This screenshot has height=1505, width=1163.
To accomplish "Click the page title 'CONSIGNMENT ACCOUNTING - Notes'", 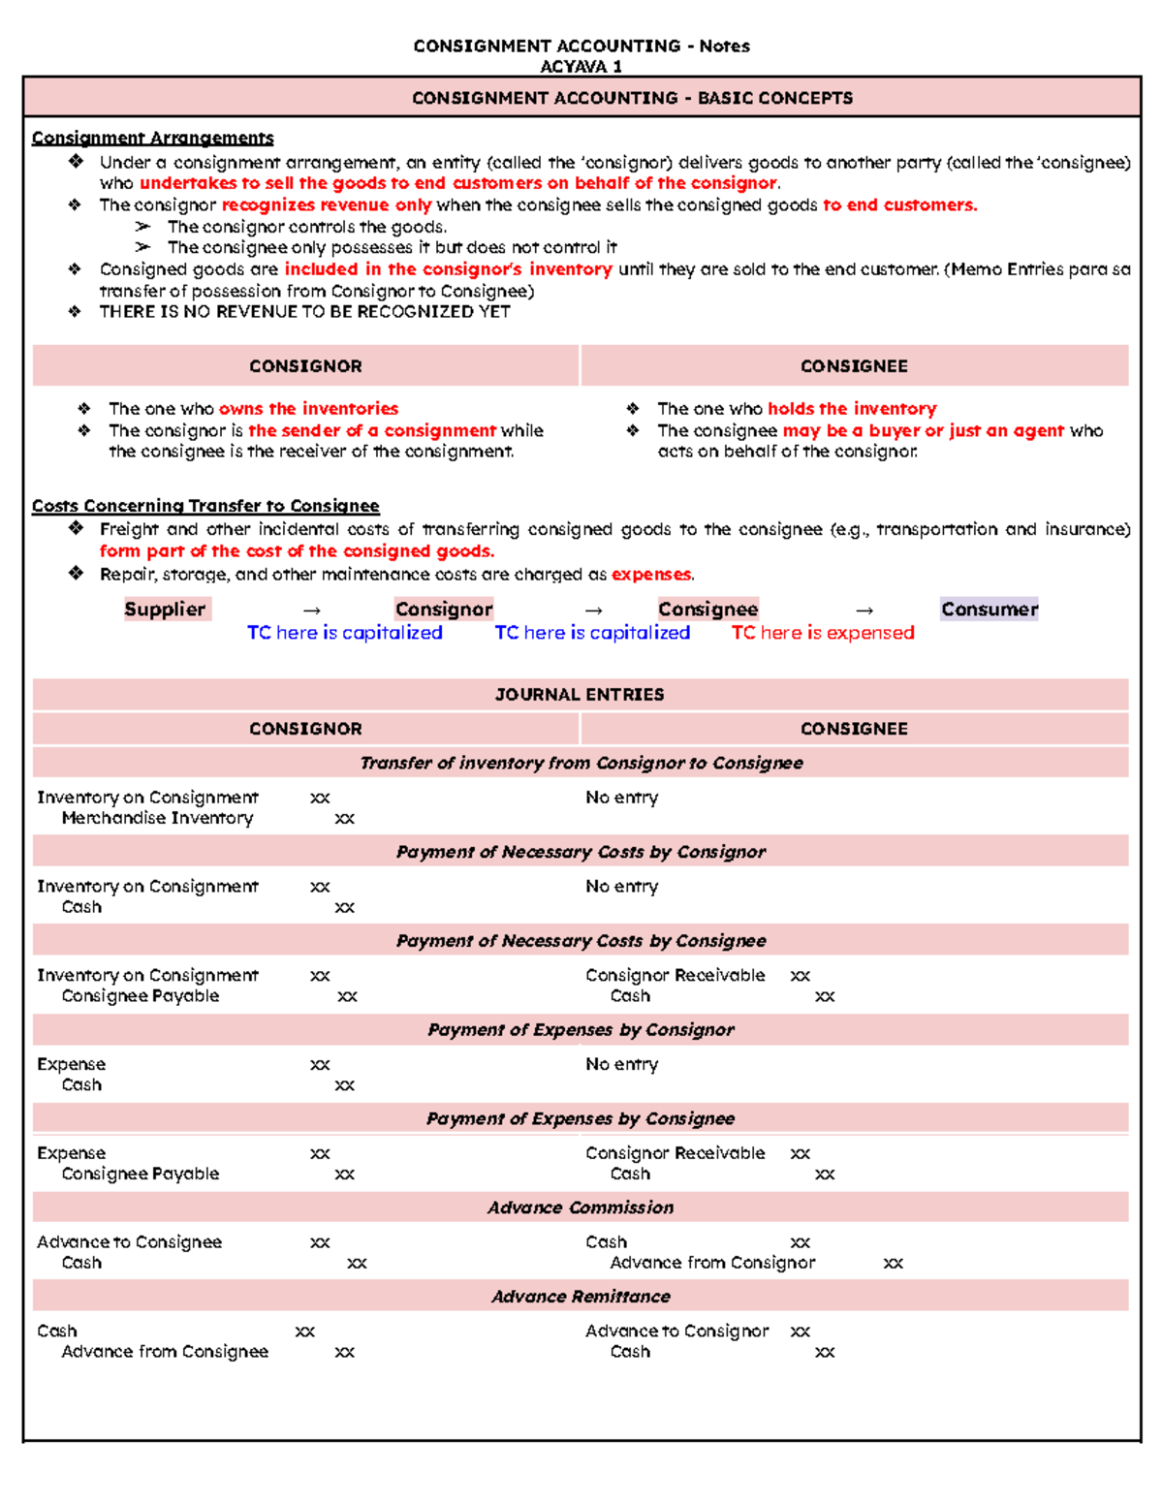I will [581, 46].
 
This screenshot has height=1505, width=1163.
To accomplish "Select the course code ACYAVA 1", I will [581, 67].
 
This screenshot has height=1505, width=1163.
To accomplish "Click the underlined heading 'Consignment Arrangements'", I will [152, 138].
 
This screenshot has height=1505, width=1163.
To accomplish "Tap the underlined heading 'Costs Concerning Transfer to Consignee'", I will [205, 506].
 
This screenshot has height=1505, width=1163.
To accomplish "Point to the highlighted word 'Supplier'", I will [165, 610].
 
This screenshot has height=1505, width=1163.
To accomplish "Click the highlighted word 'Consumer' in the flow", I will [989, 610].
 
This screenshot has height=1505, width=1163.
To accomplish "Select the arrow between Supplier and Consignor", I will [311, 611].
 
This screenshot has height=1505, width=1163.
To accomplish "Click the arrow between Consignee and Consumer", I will [864, 611].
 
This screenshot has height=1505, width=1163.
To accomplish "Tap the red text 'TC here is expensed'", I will [822, 633].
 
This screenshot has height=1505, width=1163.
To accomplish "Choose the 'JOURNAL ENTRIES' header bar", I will [580, 695].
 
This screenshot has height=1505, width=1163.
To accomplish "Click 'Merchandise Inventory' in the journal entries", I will [157, 818].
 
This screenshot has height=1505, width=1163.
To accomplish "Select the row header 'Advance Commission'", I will [580, 1207].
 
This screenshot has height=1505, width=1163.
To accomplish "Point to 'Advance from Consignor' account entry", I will [712, 1263].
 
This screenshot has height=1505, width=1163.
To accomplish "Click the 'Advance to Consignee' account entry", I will [129, 1242].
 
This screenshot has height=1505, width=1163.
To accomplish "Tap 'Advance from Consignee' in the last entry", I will [165, 1352].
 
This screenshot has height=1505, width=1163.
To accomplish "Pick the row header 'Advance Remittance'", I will [580, 1297].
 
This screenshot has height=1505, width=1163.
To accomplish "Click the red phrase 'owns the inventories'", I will [308, 409].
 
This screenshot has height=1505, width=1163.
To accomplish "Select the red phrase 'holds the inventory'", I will [852, 409].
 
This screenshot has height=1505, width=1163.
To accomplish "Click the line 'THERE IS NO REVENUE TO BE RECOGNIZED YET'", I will [304, 312].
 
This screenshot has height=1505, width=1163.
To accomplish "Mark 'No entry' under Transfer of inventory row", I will [621, 798].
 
